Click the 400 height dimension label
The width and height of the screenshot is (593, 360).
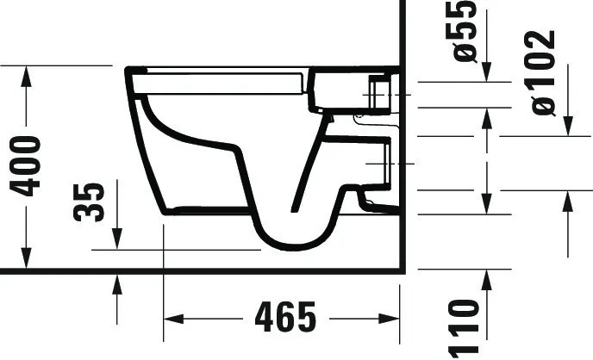[26, 166]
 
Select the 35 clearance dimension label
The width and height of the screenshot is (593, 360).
[88, 202]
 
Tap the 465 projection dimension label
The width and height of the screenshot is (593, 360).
[285, 317]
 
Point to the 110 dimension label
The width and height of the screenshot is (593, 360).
[464, 329]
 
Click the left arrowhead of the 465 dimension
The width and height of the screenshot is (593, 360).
[173, 319]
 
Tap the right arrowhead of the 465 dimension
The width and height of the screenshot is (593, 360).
[389, 319]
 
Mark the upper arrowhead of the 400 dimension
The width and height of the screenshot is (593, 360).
[26, 77]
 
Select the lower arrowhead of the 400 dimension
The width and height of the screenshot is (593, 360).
[26, 258]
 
